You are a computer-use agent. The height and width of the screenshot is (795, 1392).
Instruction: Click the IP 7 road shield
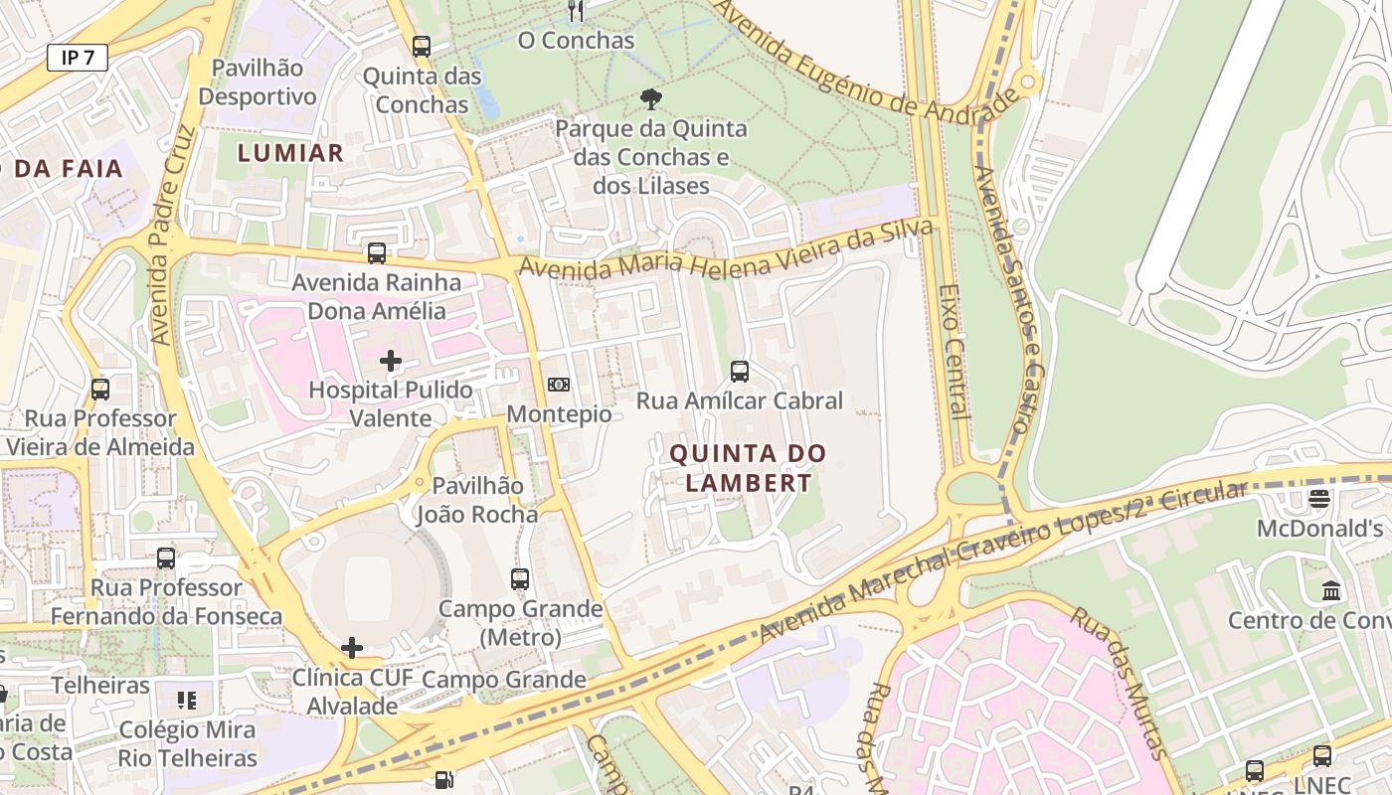77,58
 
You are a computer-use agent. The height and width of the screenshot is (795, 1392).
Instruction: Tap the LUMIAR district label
290,153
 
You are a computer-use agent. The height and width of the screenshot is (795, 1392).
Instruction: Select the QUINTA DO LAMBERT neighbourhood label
748,468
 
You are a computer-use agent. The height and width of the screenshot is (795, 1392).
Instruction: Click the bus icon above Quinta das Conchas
422,46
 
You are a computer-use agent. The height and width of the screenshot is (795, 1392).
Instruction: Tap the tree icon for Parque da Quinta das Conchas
651,98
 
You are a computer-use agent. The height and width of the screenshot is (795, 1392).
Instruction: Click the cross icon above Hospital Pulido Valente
391,360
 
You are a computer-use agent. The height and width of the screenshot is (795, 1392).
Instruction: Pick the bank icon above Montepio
559,385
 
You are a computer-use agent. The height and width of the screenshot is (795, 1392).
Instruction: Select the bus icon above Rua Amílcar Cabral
740,372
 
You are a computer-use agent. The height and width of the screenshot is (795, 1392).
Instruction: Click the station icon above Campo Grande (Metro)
520,579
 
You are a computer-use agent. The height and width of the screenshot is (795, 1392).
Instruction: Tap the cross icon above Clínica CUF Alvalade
352,649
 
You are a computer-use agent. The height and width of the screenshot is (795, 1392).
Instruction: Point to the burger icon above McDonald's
1319,499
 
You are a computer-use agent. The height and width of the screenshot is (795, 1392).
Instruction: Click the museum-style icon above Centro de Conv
1331,591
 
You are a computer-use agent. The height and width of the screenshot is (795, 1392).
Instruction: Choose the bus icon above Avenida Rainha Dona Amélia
377,253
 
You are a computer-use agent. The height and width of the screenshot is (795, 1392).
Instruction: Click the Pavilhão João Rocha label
476,500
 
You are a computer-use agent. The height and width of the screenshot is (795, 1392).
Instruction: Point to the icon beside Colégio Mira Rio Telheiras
187,701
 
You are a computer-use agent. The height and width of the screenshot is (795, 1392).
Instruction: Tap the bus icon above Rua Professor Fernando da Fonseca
166,558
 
